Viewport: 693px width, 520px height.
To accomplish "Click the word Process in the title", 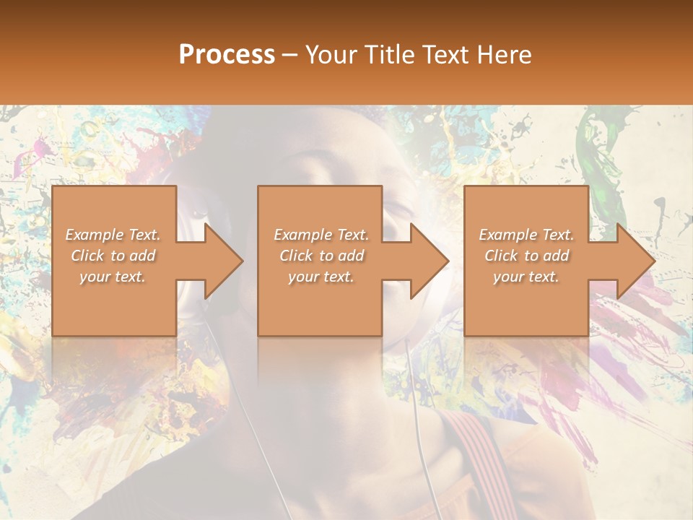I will (227, 55).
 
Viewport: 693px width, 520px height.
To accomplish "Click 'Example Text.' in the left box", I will (113, 235).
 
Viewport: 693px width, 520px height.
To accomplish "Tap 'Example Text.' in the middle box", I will (321, 235).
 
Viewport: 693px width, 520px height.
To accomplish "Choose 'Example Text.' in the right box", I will (526, 235).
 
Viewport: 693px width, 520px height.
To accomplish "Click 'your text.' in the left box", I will (113, 277).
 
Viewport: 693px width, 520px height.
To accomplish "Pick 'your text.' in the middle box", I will (321, 277).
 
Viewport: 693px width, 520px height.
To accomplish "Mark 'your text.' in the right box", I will (526, 277).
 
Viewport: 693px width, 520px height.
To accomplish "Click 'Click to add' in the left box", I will (113, 256).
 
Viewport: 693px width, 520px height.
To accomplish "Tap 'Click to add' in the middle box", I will (321, 256).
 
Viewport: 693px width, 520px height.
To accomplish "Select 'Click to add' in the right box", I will (526, 256).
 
